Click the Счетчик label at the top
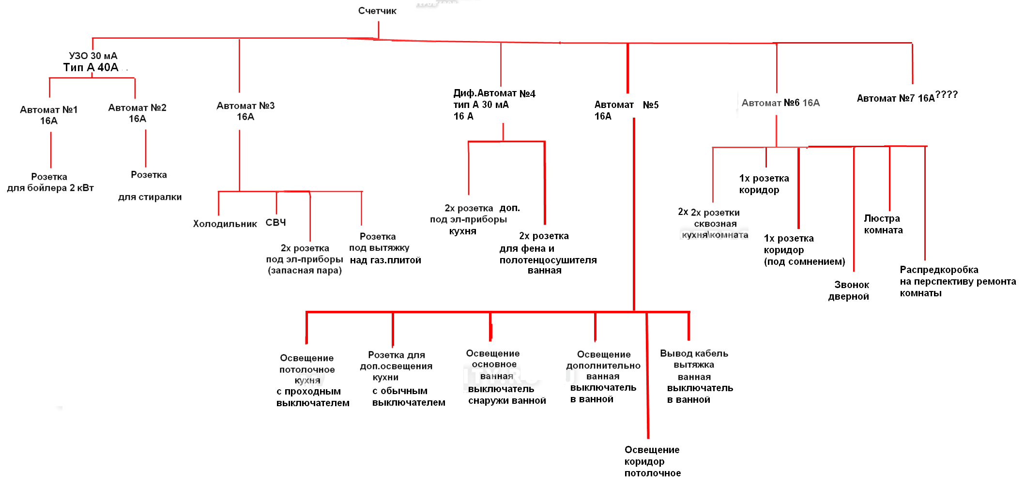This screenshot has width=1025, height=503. click(377, 11)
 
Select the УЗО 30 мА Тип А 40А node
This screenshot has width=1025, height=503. click(92, 61)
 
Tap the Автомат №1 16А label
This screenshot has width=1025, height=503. click(49, 115)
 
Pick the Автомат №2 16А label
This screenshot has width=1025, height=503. click(138, 113)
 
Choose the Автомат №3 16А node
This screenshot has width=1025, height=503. click(245, 111)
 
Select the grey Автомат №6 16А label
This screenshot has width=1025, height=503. click(780, 103)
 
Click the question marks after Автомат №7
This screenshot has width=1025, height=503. click(947, 94)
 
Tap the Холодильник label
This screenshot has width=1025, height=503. click(225, 224)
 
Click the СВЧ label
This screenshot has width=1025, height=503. click(275, 222)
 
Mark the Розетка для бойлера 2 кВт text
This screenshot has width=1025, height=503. click(50, 182)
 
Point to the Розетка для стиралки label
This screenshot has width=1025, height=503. click(150, 186)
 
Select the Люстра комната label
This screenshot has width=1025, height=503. click(883, 224)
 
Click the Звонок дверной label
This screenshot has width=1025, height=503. click(849, 290)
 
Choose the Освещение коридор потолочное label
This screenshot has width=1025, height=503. click(652, 461)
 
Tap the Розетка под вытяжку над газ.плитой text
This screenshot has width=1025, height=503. click(385, 248)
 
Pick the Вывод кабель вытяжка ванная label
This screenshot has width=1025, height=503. click(694, 365)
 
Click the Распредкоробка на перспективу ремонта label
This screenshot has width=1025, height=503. click(958, 281)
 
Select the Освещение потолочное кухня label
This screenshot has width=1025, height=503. click(307, 369)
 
